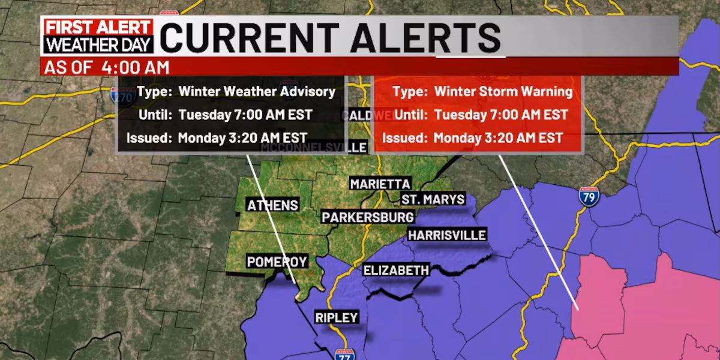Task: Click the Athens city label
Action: click(x=272, y=205)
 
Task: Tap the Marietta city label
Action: click(x=380, y=184)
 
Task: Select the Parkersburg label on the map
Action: click(x=367, y=217)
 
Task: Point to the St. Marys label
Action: click(x=433, y=199)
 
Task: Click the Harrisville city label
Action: click(x=446, y=235)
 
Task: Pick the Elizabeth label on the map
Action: click(x=396, y=271)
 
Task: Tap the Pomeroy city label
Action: click(x=277, y=262)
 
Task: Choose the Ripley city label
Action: click(x=337, y=318)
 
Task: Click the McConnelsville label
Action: click(x=313, y=147)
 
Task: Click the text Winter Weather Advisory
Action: click(x=259, y=92)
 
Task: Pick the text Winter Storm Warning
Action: click(x=503, y=92)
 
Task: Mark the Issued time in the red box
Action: click(x=498, y=138)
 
